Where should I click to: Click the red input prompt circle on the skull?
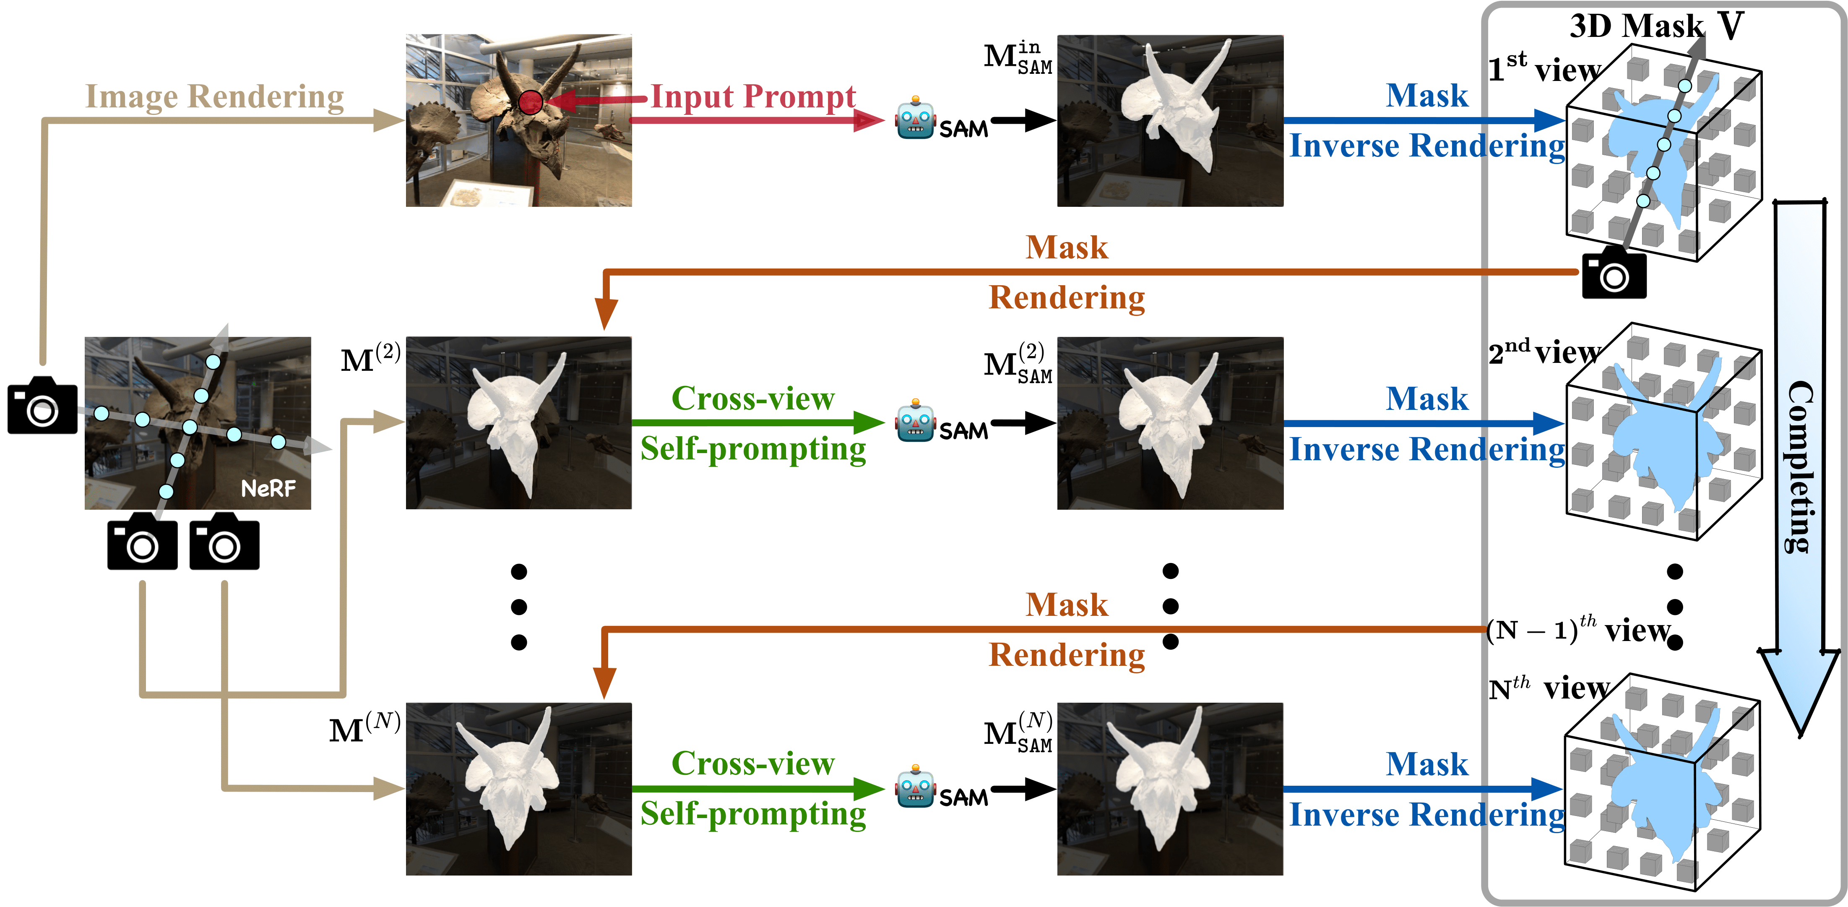click(530, 103)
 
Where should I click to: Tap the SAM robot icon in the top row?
click(915, 118)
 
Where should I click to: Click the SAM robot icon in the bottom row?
click(915, 787)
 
